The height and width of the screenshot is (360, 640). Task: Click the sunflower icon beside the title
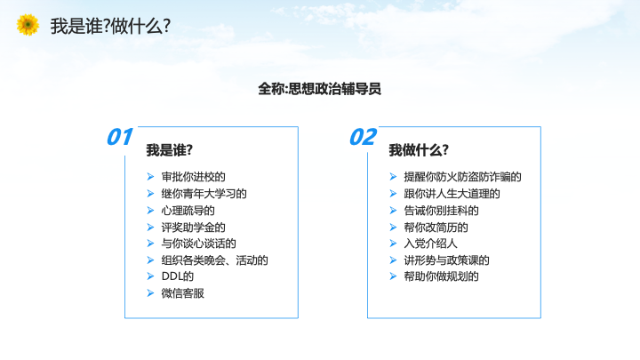pos(28,25)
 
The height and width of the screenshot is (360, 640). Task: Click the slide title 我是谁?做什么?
pos(110,26)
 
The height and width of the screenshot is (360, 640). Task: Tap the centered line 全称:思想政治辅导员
pos(320,89)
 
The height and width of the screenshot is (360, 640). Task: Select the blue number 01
pos(120,137)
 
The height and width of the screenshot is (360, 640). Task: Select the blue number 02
pos(363,137)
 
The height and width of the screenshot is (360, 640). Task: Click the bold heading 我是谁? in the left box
pos(170,150)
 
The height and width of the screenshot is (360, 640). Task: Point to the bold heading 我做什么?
pos(419,150)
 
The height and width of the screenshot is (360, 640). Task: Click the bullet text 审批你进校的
pos(194,177)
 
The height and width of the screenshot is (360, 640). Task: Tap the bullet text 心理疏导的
pos(188,211)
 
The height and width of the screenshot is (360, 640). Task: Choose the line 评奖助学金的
pos(194,228)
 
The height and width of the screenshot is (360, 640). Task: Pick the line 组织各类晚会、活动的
pos(215,260)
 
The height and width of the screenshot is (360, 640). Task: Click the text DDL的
pos(178,276)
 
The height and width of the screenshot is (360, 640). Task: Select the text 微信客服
pos(183,293)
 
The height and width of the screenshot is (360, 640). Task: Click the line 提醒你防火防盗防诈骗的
pos(463,177)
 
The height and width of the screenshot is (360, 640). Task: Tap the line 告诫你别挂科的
pos(441,211)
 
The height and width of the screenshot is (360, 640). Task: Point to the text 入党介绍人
pos(430,244)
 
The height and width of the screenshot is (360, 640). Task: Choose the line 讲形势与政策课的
pos(446,260)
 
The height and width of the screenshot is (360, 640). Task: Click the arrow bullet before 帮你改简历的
pos(393,228)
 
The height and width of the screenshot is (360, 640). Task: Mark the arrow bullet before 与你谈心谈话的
pos(150,244)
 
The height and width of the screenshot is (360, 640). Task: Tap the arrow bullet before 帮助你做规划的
pos(393,276)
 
